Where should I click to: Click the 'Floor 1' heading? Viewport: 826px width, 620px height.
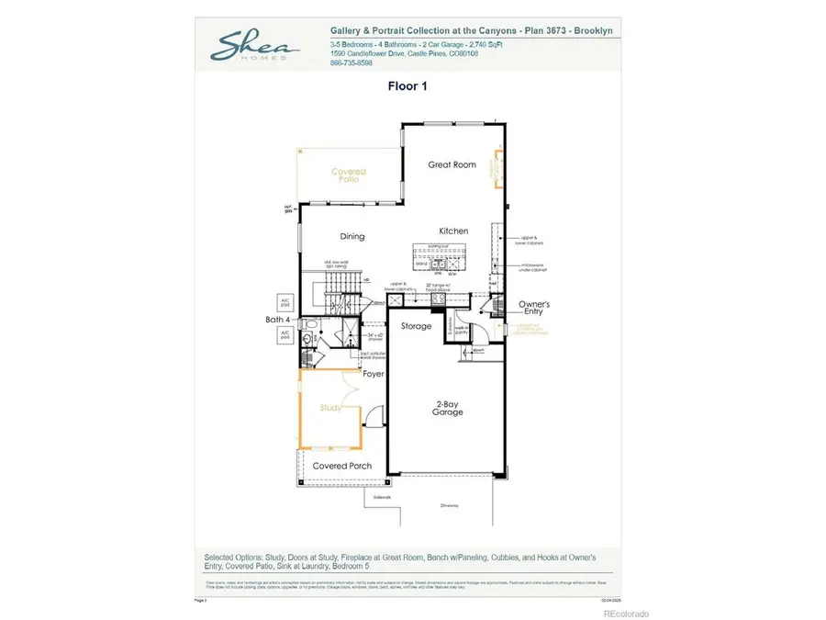(x=408, y=85)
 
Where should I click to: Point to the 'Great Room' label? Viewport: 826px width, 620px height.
(x=452, y=164)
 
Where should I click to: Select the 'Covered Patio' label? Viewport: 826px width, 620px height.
(x=348, y=175)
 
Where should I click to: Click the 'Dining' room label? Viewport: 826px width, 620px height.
(x=352, y=236)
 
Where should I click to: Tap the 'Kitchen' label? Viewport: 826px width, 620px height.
(x=453, y=231)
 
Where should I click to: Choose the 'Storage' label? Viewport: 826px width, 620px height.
(x=416, y=326)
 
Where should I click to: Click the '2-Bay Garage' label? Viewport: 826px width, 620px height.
(x=447, y=407)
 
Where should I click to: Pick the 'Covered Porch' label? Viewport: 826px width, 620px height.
(x=341, y=466)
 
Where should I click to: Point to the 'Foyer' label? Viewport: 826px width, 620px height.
(x=373, y=374)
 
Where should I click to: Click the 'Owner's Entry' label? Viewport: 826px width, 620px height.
(x=531, y=307)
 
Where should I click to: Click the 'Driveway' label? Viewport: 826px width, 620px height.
(x=448, y=504)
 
